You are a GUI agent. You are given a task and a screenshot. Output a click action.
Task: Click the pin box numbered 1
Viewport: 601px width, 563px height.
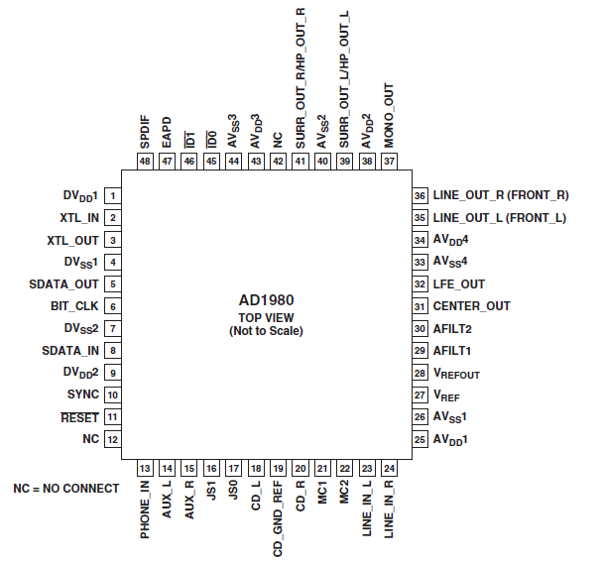[113, 196]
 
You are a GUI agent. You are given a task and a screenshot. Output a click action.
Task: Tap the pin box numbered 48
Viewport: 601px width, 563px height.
[145, 162]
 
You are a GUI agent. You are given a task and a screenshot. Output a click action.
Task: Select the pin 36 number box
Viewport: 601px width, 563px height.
[420, 195]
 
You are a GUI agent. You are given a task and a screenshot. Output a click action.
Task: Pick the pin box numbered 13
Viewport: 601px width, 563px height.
[145, 468]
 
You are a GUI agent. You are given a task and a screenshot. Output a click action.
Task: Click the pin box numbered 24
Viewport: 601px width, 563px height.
[389, 468]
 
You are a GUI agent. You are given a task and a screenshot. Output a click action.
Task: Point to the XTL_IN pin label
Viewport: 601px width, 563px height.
[79, 218]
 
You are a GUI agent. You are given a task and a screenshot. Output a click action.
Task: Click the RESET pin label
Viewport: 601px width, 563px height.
[79, 417]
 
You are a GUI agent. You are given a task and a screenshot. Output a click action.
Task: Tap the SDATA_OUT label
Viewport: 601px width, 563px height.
[63, 284]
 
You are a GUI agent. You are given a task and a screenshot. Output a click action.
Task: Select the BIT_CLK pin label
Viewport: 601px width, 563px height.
[74, 306]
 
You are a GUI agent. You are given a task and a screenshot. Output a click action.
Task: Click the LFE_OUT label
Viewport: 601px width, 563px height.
[459, 284]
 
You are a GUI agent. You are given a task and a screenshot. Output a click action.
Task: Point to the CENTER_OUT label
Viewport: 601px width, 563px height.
[471, 306]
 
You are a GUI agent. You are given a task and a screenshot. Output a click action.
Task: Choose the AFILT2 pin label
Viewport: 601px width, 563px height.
[452, 329]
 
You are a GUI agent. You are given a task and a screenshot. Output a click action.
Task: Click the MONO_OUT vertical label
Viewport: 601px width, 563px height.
[389, 115]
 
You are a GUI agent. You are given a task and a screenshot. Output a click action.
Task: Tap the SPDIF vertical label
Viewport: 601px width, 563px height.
[145, 132]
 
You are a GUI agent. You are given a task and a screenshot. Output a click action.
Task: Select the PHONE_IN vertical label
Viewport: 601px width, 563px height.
[145, 509]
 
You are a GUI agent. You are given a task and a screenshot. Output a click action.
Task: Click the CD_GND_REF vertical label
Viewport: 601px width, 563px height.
[278, 519]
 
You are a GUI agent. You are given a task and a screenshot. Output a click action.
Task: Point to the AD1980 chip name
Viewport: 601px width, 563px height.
[267, 300]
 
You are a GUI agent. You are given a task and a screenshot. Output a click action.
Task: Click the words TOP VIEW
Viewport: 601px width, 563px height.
[266, 318]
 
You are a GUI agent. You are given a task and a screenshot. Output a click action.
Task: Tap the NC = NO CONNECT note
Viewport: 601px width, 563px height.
[66, 489]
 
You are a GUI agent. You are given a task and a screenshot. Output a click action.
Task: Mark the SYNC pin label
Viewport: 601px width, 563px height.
[83, 394]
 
